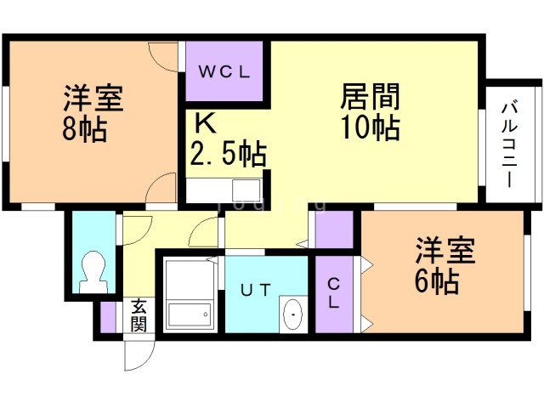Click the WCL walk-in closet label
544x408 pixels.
click(x=224, y=72)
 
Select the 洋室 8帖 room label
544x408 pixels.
click(x=93, y=115)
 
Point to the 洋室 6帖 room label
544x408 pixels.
click(x=441, y=267)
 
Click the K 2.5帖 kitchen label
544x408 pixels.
click(x=225, y=140)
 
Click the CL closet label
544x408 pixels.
click(x=334, y=293)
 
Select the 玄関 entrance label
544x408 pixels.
click(x=139, y=315)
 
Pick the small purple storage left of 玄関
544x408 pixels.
click(x=108, y=316)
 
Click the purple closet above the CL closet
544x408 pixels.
click(x=334, y=229)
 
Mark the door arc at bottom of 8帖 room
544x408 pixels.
click(x=161, y=191)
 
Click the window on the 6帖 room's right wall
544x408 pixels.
click(x=526, y=272)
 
